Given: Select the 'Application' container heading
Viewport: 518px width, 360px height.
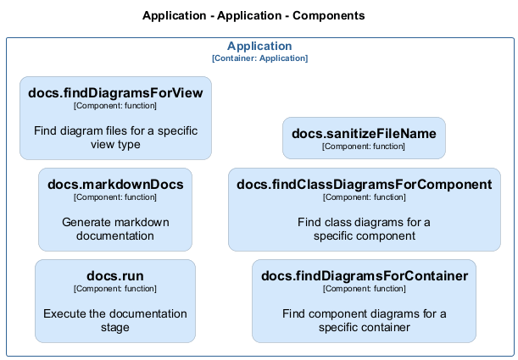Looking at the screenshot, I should click(259, 47).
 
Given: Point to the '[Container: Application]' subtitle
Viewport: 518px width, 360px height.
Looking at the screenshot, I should click(259, 58).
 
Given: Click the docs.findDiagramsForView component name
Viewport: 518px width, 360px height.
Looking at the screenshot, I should click(115, 93).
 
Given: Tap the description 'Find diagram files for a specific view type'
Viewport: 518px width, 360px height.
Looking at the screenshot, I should click(115, 138).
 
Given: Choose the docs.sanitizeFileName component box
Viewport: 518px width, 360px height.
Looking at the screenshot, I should click(364, 138).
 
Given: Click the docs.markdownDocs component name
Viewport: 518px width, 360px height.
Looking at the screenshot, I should click(115, 185).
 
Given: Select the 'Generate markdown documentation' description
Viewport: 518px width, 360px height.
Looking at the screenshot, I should click(115, 230).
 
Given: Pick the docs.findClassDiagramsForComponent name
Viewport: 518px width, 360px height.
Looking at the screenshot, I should click(364, 185).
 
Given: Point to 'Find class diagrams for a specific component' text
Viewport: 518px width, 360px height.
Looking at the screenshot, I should click(364, 230).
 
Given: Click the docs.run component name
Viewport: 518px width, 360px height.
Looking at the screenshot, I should click(115, 276).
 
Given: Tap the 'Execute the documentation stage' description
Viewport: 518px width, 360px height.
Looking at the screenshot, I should click(115, 321).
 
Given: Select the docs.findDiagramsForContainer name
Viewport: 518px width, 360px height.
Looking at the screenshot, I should click(364, 276).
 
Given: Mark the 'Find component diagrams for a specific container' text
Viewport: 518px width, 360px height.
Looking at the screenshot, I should click(364, 321).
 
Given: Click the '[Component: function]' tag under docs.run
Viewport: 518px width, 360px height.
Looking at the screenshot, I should click(115, 289).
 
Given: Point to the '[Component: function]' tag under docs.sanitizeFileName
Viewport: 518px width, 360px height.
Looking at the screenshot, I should click(364, 147).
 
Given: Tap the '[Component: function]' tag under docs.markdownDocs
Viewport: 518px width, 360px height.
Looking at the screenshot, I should click(115, 197).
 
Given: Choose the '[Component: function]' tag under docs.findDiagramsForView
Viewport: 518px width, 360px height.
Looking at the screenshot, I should click(115, 106).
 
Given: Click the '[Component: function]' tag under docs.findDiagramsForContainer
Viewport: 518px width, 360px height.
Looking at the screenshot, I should click(364, 289).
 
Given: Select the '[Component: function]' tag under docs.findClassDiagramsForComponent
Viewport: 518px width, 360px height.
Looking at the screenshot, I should click(364, 197).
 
